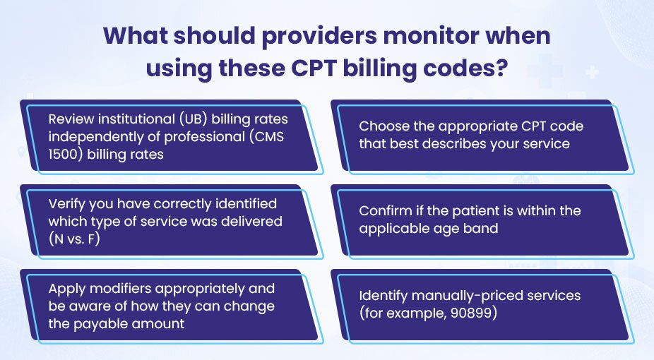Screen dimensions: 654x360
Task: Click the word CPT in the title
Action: coord(314,68)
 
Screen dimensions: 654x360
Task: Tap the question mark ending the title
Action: coord(501,68)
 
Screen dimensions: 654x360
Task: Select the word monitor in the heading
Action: coord(431,36)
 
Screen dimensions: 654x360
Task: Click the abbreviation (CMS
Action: coord(266,137)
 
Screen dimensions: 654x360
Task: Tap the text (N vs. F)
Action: coord(74,239)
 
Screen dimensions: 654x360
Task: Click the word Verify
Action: coord(66,204)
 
